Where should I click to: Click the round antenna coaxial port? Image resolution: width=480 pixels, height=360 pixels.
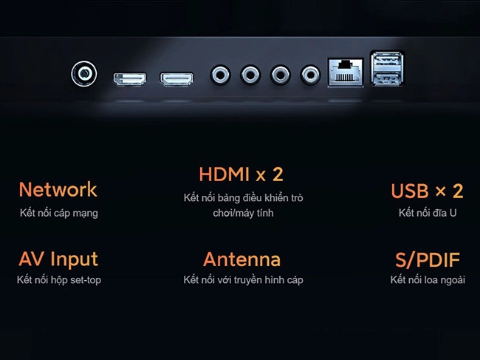[x=84, y=73]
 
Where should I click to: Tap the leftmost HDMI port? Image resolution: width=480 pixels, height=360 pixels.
[x=130, y=79]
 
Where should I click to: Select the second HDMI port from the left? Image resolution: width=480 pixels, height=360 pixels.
[x=176, y=79]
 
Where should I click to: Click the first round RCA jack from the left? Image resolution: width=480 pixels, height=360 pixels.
[x=220, y=75]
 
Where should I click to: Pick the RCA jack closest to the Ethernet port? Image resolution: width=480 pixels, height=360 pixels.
[x=310, y=75]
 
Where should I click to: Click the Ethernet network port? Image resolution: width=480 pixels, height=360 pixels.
[x=346, y=72]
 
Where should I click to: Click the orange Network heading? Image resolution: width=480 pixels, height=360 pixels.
[x=58, y=189]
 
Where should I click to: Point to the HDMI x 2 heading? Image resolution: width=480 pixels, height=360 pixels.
[x=241, y=174]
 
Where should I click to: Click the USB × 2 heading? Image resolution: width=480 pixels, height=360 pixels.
[x=427, y=191]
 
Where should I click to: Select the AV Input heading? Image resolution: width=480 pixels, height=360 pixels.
[x=58, y=259]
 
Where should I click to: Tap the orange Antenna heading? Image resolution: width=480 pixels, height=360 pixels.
[x=241, y=259]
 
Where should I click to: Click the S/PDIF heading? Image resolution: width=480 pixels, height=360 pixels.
[x=428, y=260]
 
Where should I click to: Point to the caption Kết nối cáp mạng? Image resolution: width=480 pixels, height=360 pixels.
[x=59, y=213]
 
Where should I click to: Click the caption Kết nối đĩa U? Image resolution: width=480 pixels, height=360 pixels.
[x=428, y=213]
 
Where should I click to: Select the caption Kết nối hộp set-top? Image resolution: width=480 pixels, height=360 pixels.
[x=59, y=280]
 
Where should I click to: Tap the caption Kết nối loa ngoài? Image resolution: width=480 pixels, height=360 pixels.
[x=428, y=280]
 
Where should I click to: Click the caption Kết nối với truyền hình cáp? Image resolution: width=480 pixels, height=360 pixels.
[x=244, y=280]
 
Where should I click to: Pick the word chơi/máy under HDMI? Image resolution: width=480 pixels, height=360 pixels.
[x=234, y=213]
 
